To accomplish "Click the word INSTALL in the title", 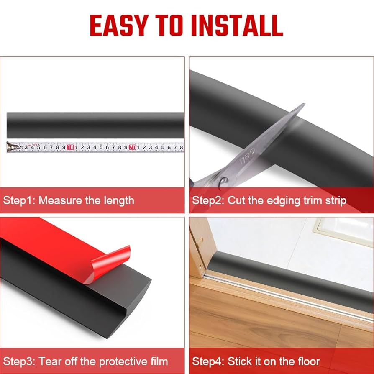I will [237, 26].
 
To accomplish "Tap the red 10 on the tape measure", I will [70, 147].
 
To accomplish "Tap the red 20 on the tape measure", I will [132, 147].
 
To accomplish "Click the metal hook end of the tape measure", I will [12, 147].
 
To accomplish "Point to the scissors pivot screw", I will [223, 181].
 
